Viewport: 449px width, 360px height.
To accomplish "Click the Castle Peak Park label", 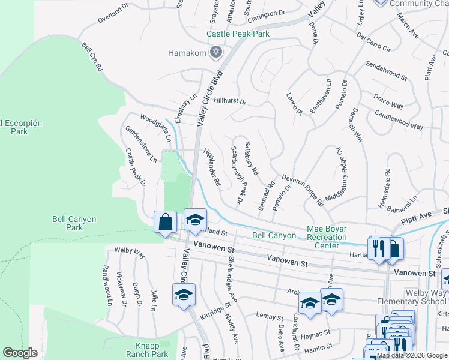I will (238, 34).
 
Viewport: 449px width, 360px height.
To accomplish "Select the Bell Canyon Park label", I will (74, 223).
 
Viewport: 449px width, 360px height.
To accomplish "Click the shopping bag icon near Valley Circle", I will (165, 222).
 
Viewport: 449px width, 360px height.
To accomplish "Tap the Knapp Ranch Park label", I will (147, 350).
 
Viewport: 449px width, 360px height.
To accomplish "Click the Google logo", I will (20, 353).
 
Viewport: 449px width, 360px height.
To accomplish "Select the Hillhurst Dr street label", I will (230, 102).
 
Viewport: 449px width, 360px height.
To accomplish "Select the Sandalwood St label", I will (386, 70).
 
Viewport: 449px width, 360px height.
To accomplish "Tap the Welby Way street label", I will (130, 253).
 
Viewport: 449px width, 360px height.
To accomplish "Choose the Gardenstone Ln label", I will (141, 144).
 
